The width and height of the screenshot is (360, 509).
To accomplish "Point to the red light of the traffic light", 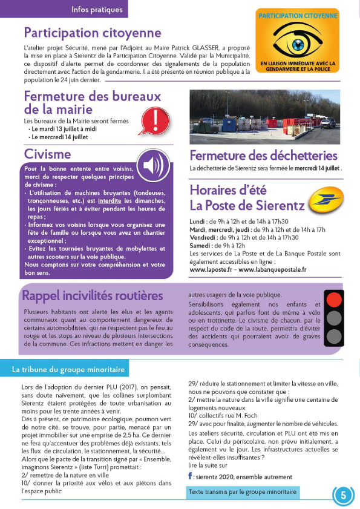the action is (x=333, y=298).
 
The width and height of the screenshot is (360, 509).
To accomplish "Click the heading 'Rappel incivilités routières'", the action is (x=93, y=295).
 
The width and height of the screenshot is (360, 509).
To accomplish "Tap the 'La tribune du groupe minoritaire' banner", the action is (x=69, y=369).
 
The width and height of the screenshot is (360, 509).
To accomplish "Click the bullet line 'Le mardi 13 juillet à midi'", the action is (x=64, y=129).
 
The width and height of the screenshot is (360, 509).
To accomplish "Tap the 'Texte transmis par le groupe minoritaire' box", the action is (x=242, y=492).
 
